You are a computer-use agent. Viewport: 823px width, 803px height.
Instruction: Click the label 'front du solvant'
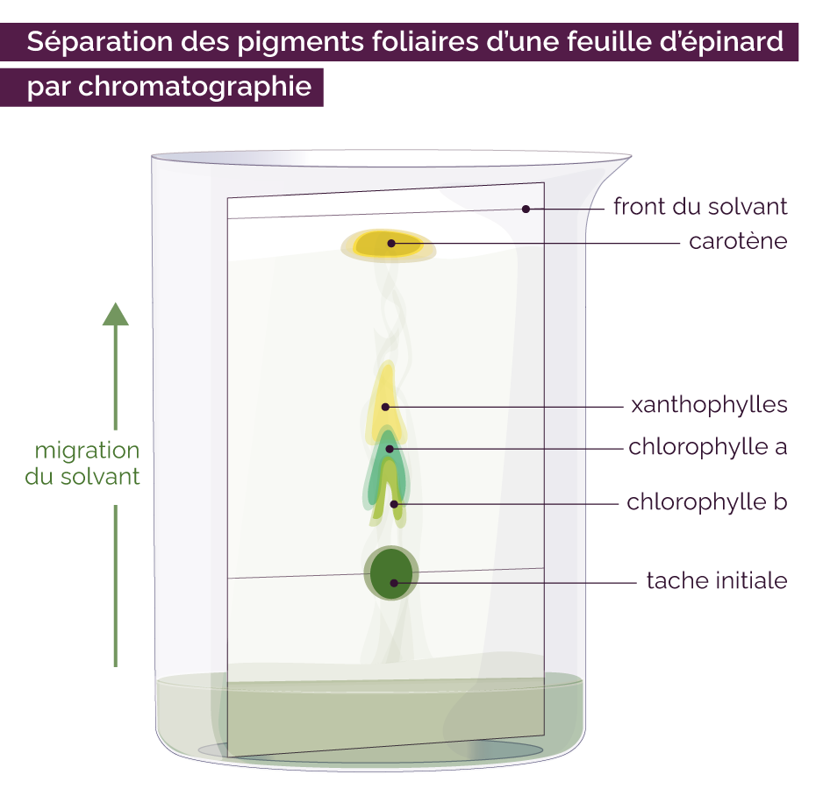click(x=700, y=207)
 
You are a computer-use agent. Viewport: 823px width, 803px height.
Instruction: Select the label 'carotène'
click(x=738, y=241)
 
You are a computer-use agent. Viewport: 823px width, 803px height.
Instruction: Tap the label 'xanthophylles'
click(x=709, y=405)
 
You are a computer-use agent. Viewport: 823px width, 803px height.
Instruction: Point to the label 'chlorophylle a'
click(x=707, y=447)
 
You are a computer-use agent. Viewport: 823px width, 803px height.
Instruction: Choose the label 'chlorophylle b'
click(x=707, y=502)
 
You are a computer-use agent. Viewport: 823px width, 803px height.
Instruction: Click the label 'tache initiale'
click(x=717, y=580)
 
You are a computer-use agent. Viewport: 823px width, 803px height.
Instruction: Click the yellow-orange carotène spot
click(x=389, y=245)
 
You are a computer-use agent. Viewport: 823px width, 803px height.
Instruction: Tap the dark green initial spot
click(x=391, y=573)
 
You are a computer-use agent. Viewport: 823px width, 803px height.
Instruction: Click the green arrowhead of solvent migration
click(x=116, y=314)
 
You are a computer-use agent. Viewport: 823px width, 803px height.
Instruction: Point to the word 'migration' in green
click(x=87, y=451)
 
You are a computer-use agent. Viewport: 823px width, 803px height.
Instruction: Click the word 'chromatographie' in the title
click(x=196, y=87)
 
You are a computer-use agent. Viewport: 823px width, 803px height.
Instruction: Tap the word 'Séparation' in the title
click(x=100, y=42)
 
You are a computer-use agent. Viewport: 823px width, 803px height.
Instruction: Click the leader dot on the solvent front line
click(x=526, y=210)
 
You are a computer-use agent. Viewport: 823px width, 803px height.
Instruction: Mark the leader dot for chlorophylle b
click(x=394, y=505)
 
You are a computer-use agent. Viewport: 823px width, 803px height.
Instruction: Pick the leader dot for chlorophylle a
click(x=390, y=449)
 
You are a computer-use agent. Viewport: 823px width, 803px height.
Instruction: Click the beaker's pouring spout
click(x=612, y=173)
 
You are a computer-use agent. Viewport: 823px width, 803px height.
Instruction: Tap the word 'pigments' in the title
click(x=300, y=42)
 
